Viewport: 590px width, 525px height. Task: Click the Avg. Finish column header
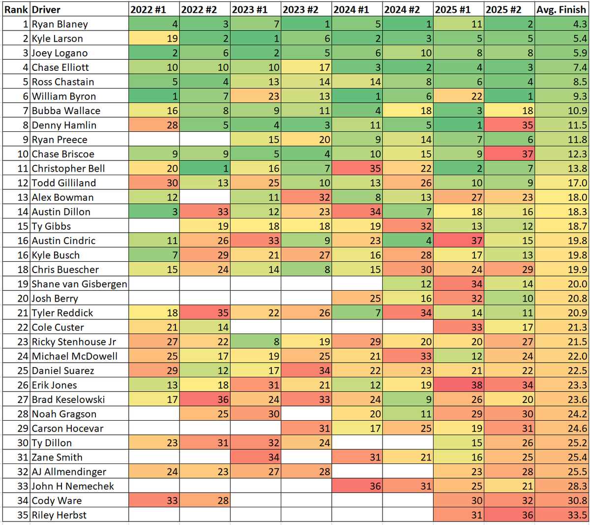coord(561,9)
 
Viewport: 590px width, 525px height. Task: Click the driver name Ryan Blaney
coord(60,24)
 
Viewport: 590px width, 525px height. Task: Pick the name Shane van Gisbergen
coord(79,284)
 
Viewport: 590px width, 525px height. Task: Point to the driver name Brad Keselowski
coord(68,400)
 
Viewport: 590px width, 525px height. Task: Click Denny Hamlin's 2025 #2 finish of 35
coord(509,125)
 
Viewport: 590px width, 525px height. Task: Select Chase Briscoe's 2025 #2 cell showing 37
coord(509,154)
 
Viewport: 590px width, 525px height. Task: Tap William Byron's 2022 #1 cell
coord(154,96)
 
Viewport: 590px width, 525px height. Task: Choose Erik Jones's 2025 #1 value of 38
coord(459,385)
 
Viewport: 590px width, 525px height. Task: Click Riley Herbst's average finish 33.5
coord(561,515)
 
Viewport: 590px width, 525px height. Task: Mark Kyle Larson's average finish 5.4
coord(561,38)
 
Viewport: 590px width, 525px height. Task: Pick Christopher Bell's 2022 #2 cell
coord(205,168)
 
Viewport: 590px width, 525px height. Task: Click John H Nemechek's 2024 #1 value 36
coord(357,486)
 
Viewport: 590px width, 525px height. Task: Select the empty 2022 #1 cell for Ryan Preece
coord(154,140)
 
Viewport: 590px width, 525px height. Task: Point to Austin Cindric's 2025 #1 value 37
coord(459,241)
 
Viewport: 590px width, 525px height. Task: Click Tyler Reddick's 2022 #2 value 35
coord(205,313)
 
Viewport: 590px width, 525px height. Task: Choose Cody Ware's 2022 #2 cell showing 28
coord(205,500)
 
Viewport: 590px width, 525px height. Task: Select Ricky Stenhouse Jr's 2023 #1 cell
coord(256,341)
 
